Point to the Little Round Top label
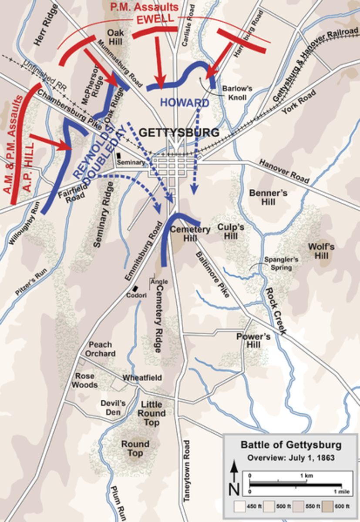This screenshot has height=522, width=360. point(151,413)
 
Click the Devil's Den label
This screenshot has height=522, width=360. point(113,408)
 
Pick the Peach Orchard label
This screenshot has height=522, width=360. point(100,349)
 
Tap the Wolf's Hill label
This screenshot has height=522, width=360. point(321,251)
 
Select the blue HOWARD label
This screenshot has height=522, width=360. point(185,103)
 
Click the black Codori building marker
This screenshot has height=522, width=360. point(136,288)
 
